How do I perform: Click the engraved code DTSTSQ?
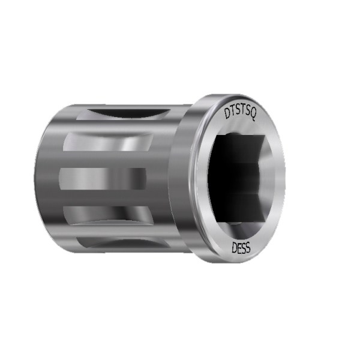[x=239, y=113]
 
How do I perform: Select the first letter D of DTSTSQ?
[x=226, y=113]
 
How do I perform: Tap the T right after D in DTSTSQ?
[x=232, y=112]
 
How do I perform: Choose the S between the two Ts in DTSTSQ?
[x=237, y=111]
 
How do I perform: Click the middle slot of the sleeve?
[x=102, y=178]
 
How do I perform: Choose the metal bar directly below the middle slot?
[x=102, y=196]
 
